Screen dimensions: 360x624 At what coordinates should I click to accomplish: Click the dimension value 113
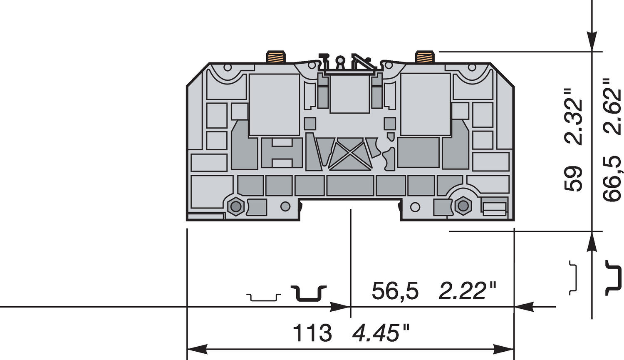[312, 333]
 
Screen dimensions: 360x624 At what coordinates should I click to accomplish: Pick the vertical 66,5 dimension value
[612, 179]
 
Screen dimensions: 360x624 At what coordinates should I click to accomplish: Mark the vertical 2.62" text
[612, 106]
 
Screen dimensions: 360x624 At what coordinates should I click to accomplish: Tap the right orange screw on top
[425, 57]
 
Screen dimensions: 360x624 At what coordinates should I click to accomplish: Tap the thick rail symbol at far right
[614, 278]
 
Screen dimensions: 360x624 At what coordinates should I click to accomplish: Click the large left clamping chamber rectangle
[274, 104]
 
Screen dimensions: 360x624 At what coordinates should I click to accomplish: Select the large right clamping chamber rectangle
[425, 104]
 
